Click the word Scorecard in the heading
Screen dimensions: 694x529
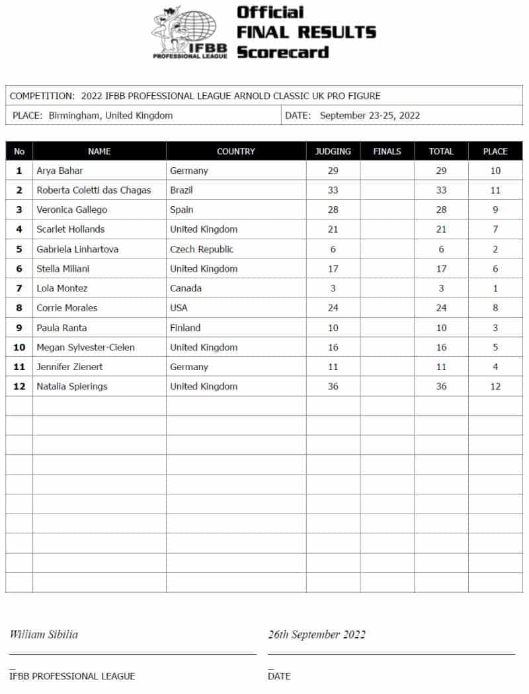pyautogui.click(x=282, y=52)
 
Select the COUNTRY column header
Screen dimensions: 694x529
pyautogui.click(x=235, y=151)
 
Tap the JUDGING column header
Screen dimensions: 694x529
pyautogui.click(x=333, y=151)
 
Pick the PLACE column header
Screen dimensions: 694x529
pyautogui.click(x=495, y=151)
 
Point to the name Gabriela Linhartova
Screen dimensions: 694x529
pyautogui.click(x=78, y=249)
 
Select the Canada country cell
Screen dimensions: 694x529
pyautogui.click(x=186, y=288)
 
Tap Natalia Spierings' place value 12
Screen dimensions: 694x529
pyautogui.click(x=495, y=387)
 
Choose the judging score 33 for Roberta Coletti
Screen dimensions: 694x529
pyautogui.click(x=333, y=190)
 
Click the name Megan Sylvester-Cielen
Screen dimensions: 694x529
pyautogui.click(x=85, y=348)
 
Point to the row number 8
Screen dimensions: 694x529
pyautogui.click(x=19, y=308)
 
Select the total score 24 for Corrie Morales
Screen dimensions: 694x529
pyautogui.click(x=440, y=308)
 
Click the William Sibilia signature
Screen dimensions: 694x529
pyautogui.click(x=44, y=635)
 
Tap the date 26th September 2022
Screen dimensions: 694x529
pyautogui.click(x=317, y=635)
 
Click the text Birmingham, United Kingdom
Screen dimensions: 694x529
pyautogui.click(x=110, y=116)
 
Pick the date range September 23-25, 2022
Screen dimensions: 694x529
pyautogui.click(x=370, y=116)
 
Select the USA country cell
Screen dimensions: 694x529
pyautogui.click(x=179, y=308)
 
